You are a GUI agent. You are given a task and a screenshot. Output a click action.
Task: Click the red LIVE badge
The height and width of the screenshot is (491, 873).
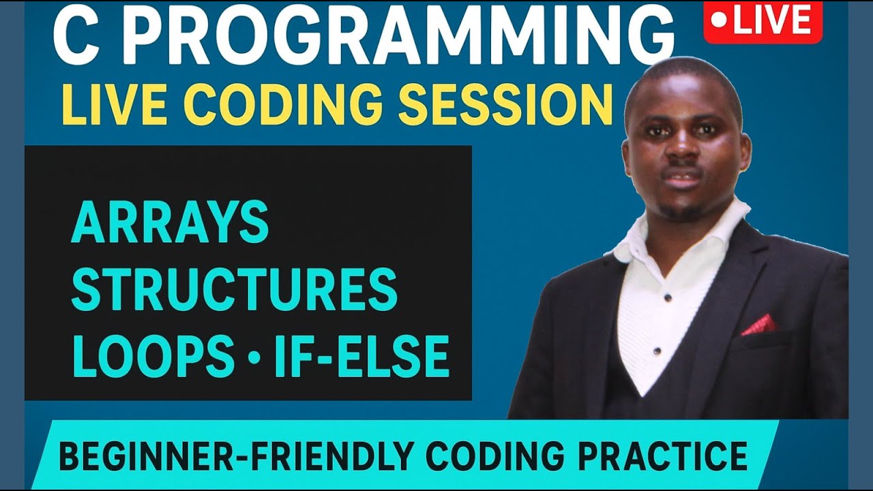[763, 22]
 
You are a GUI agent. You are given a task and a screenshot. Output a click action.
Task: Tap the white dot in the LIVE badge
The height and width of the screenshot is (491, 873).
[718, 21]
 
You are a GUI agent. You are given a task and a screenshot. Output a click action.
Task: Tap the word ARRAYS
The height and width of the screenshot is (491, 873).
[170, 223]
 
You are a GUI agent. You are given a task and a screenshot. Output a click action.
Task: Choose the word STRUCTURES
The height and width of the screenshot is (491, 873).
[234, 289]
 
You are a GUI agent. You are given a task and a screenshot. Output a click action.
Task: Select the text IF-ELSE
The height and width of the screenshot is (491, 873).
[361, 356]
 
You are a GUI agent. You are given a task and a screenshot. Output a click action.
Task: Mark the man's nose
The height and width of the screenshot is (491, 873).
[682, 153]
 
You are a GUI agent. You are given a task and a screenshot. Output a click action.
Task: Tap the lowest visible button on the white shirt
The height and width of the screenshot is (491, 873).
[656, 352]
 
